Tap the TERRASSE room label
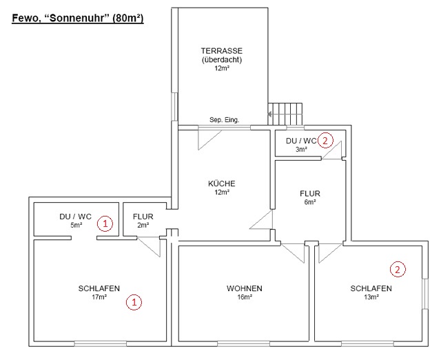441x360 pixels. [x=221, y=51]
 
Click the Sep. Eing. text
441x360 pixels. [x=224, y=119]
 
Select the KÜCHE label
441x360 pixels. [x=222, y=183]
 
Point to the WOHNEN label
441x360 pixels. [x=244, y=288]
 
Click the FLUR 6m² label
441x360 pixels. [x=309, y=194]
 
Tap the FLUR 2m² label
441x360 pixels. [x=143, y=217]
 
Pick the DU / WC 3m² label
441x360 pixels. [x=301, y=141]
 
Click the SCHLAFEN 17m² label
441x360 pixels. [x=99, y=288]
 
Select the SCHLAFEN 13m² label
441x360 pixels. [x=371, y=288]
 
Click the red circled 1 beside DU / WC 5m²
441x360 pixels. [x=104, y=223]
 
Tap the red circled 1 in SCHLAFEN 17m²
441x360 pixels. [x=135, y=301]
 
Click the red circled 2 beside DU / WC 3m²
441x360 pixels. [x=326, y=139]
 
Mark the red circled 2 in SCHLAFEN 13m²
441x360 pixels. [x=398, y=268]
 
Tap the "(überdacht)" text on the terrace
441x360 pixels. [x=221, y=59]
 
